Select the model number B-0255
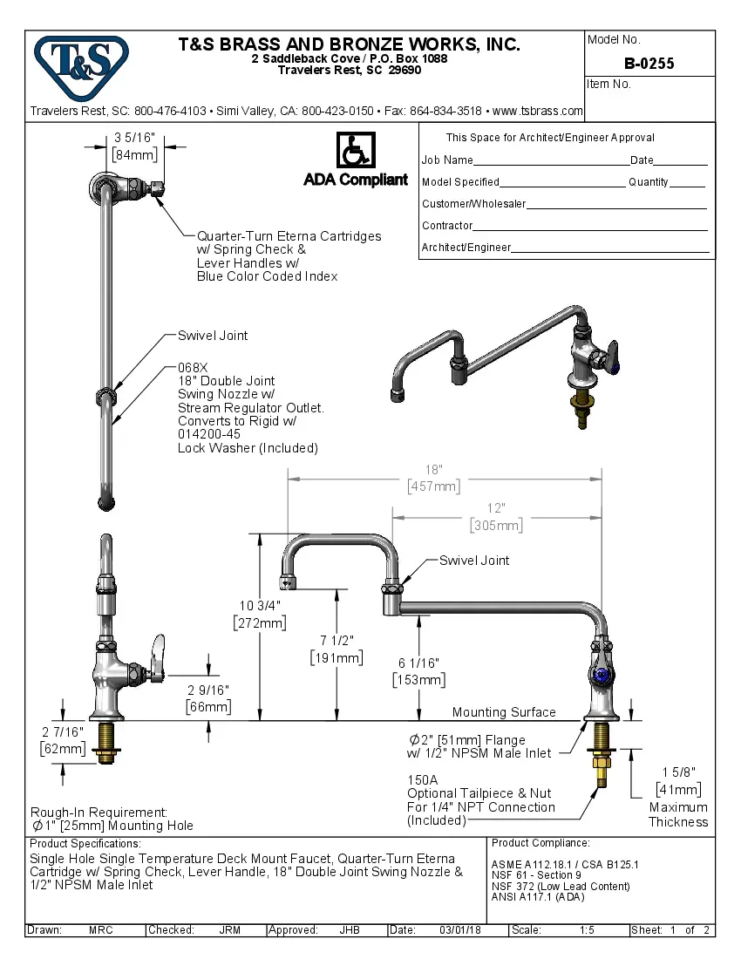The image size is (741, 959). pyautogui.click(x=649, y=64)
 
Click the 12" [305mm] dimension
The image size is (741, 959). pyautogui.click(x=496, y=508)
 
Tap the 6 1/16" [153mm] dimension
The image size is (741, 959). pyautogui.click(x=419, y=663)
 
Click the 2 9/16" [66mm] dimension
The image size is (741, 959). pyautogui.click(x=208, y=690)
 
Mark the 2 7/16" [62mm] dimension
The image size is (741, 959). pyautogui.click(x=62, y=731)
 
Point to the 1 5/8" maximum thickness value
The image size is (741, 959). pyautogui.click(x=677, y=772)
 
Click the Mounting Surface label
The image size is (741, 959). pyautogui.click(x=503, y=712)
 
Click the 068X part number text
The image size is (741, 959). pyautogui.click(x=193, y=367)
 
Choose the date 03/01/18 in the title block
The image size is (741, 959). pyautogui.click(x=460, y=930)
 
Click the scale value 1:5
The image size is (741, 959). pyautogui.click(x=587, y=930)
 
